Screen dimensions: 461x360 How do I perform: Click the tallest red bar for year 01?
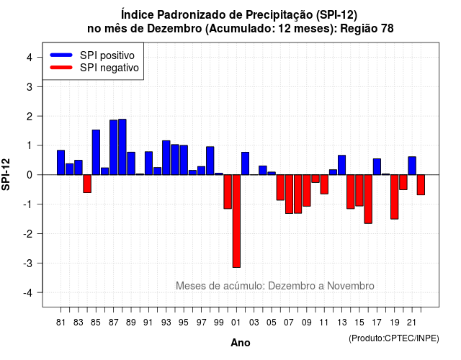tap(236, 221)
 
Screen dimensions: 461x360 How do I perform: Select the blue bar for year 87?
tap(114, 147)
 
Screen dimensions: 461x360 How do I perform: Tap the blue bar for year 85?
tap(96, 152)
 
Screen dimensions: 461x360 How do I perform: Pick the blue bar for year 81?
tap(61, 163)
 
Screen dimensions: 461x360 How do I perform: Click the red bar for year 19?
tap(395, 197)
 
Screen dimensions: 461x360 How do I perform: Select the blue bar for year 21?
tap(412, 166)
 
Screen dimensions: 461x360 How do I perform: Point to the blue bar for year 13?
tap(342, 165)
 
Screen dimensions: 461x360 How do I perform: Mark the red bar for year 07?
tap(290, 194)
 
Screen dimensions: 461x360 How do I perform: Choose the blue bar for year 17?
tap(377, 166)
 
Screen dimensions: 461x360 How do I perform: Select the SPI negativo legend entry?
tap(94, 68)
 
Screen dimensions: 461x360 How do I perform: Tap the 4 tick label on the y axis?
tap(30, 58)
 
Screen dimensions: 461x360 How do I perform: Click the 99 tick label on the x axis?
tap(219, 323)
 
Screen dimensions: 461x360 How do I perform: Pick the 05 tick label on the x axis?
tap(272, 323)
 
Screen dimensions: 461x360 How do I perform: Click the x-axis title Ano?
tap(241, 343)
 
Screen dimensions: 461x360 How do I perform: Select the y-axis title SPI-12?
tap(6, 174)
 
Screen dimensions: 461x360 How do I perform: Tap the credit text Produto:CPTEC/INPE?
tap(394, 338)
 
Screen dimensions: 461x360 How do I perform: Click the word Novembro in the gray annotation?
tap(351, 286)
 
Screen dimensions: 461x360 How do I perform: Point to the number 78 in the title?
tap(388, 29)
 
